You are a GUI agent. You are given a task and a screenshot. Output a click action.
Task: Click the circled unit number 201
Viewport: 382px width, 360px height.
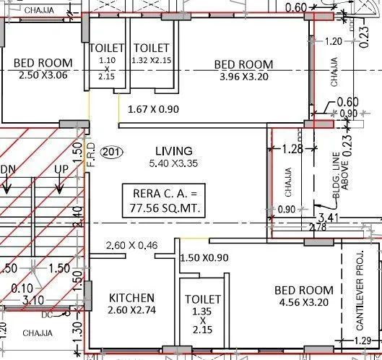(111, 152)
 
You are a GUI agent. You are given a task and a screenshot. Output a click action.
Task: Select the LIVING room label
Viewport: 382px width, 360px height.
(173, 151)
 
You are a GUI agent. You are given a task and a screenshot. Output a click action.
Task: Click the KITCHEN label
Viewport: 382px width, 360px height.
(131, 298)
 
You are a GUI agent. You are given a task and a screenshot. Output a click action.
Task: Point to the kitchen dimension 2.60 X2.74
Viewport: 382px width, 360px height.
(131, 311)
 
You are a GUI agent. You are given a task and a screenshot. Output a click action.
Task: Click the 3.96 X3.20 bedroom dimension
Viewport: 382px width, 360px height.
(244, 78)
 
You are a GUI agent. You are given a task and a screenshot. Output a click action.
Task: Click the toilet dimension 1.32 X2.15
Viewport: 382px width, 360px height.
(152, 61)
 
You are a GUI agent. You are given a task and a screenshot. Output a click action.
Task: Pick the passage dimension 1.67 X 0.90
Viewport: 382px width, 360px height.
(152, 110)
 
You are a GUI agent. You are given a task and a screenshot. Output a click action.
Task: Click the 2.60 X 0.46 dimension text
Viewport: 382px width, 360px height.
(131, 246)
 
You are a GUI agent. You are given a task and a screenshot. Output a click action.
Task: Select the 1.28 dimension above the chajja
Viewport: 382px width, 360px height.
(291, 150)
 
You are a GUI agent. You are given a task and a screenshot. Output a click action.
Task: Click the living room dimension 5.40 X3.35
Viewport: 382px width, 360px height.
(173, 164)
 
